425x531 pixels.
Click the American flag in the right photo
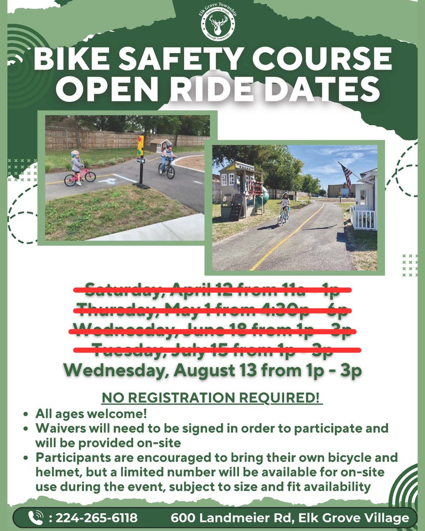click(347, 175)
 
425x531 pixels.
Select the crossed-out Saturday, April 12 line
click(212, 290)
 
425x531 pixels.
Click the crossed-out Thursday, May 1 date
click(212, 310)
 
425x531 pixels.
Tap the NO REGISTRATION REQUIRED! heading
click(212, 397)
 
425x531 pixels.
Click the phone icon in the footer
click(35, 517)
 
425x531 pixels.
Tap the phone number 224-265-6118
click(97, 517)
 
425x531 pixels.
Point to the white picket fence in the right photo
click(363, 218)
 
